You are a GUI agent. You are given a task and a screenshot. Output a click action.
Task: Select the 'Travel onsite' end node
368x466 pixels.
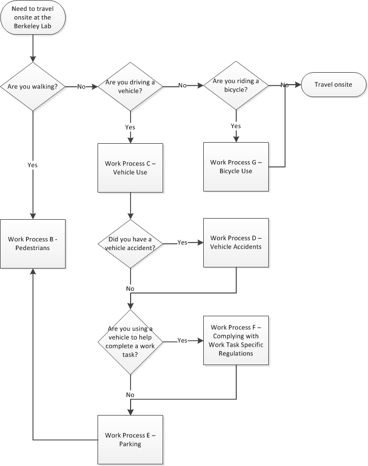click(x=333, y=85)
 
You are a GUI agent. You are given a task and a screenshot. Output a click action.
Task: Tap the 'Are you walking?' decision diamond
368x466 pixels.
click(x=33, y=86)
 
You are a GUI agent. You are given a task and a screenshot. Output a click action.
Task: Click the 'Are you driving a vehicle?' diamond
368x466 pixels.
click(x=130, y=86)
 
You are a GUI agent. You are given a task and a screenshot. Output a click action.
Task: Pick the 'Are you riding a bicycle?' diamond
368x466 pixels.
click(x=236, y=85)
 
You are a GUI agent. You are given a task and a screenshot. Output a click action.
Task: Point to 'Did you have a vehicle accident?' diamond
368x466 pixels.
click(x=130, y=244)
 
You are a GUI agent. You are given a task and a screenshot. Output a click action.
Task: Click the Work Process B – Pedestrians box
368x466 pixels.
click(x=33, y=243)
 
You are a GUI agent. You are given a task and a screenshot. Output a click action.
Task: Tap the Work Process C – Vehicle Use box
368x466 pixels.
click(x=130, y=168)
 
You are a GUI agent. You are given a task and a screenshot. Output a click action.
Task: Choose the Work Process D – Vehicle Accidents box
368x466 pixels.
click(x=236, y=242)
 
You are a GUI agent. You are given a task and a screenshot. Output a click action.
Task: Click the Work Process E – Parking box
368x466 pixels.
click(x=130, y=439)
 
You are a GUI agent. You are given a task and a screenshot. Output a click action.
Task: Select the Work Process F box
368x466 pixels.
click(x=236, y=340)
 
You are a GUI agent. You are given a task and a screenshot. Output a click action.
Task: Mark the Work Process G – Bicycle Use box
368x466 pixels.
click(x=236, y=167)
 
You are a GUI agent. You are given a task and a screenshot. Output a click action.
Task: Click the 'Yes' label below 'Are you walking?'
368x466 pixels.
click(x=33, y=164)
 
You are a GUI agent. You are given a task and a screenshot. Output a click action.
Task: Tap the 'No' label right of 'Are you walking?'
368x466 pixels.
click(x=81, y=86)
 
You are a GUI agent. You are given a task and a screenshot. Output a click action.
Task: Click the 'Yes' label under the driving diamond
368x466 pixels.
click(x=130, y=127)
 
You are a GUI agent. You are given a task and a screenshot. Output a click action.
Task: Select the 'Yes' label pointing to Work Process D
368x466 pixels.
click(x=182, y=242)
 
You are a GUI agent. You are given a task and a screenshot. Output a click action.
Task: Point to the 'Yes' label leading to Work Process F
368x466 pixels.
click(x=182, y=340)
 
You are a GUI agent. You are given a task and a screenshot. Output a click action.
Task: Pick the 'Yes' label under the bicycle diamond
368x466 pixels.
click(x=236, y=126)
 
